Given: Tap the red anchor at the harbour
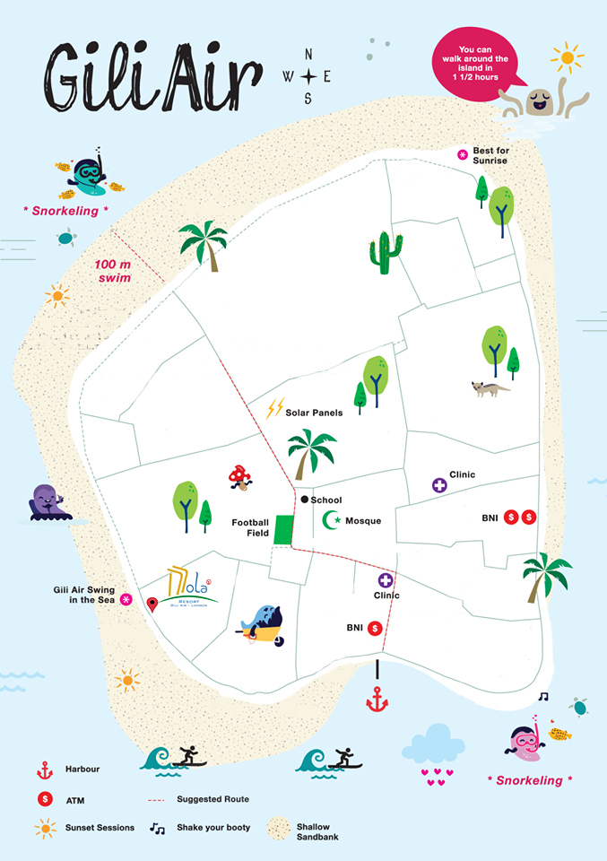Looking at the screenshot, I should pos(377,699).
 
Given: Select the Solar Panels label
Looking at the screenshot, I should pos(314,413).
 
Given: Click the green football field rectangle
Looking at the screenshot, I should pos(283,529).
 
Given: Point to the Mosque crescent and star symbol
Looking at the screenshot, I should pos(332,519).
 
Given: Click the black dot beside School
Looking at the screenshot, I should pos(305,500).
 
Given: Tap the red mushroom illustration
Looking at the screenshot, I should pos(239,475).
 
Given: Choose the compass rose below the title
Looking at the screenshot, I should pos(308,76).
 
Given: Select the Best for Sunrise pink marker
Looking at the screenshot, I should pos(463,154).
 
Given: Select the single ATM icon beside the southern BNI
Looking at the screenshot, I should pos(375,629).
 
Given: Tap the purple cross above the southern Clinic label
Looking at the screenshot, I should pos(386,580).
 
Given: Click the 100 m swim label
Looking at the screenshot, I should pos(114,271).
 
